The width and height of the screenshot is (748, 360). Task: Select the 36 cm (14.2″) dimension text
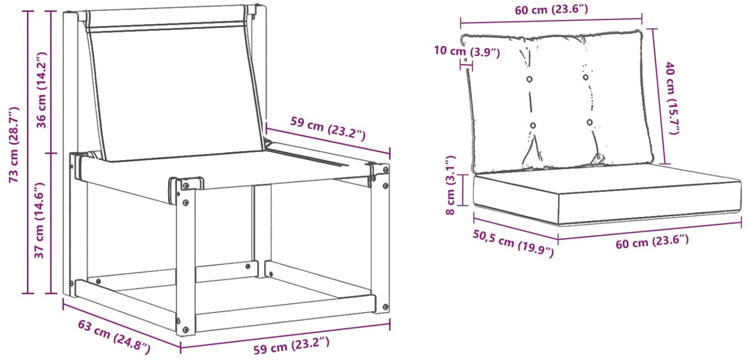[x=42, y=90]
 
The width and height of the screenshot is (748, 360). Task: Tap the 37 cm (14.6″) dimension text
[x=39, y=220]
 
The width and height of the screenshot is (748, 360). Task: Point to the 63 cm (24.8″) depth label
[x=114, y=338]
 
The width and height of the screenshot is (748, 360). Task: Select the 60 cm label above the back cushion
[x=552, y=9]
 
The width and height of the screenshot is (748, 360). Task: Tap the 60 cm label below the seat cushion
[x=652, y=241]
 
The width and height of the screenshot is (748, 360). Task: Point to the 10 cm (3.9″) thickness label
[x=467, y=52]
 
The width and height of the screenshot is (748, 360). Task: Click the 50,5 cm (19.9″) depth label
[x=513, y=244]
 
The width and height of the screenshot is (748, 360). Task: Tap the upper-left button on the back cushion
[x=530, y=79]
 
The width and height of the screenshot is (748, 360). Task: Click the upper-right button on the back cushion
[x=586, y=77]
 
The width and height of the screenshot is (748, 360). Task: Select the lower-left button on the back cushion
[x=533, y=126]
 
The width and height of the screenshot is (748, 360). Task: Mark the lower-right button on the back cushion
[x=590, y=123]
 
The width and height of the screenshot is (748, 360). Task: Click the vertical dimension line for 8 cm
[x=463, y=190]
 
